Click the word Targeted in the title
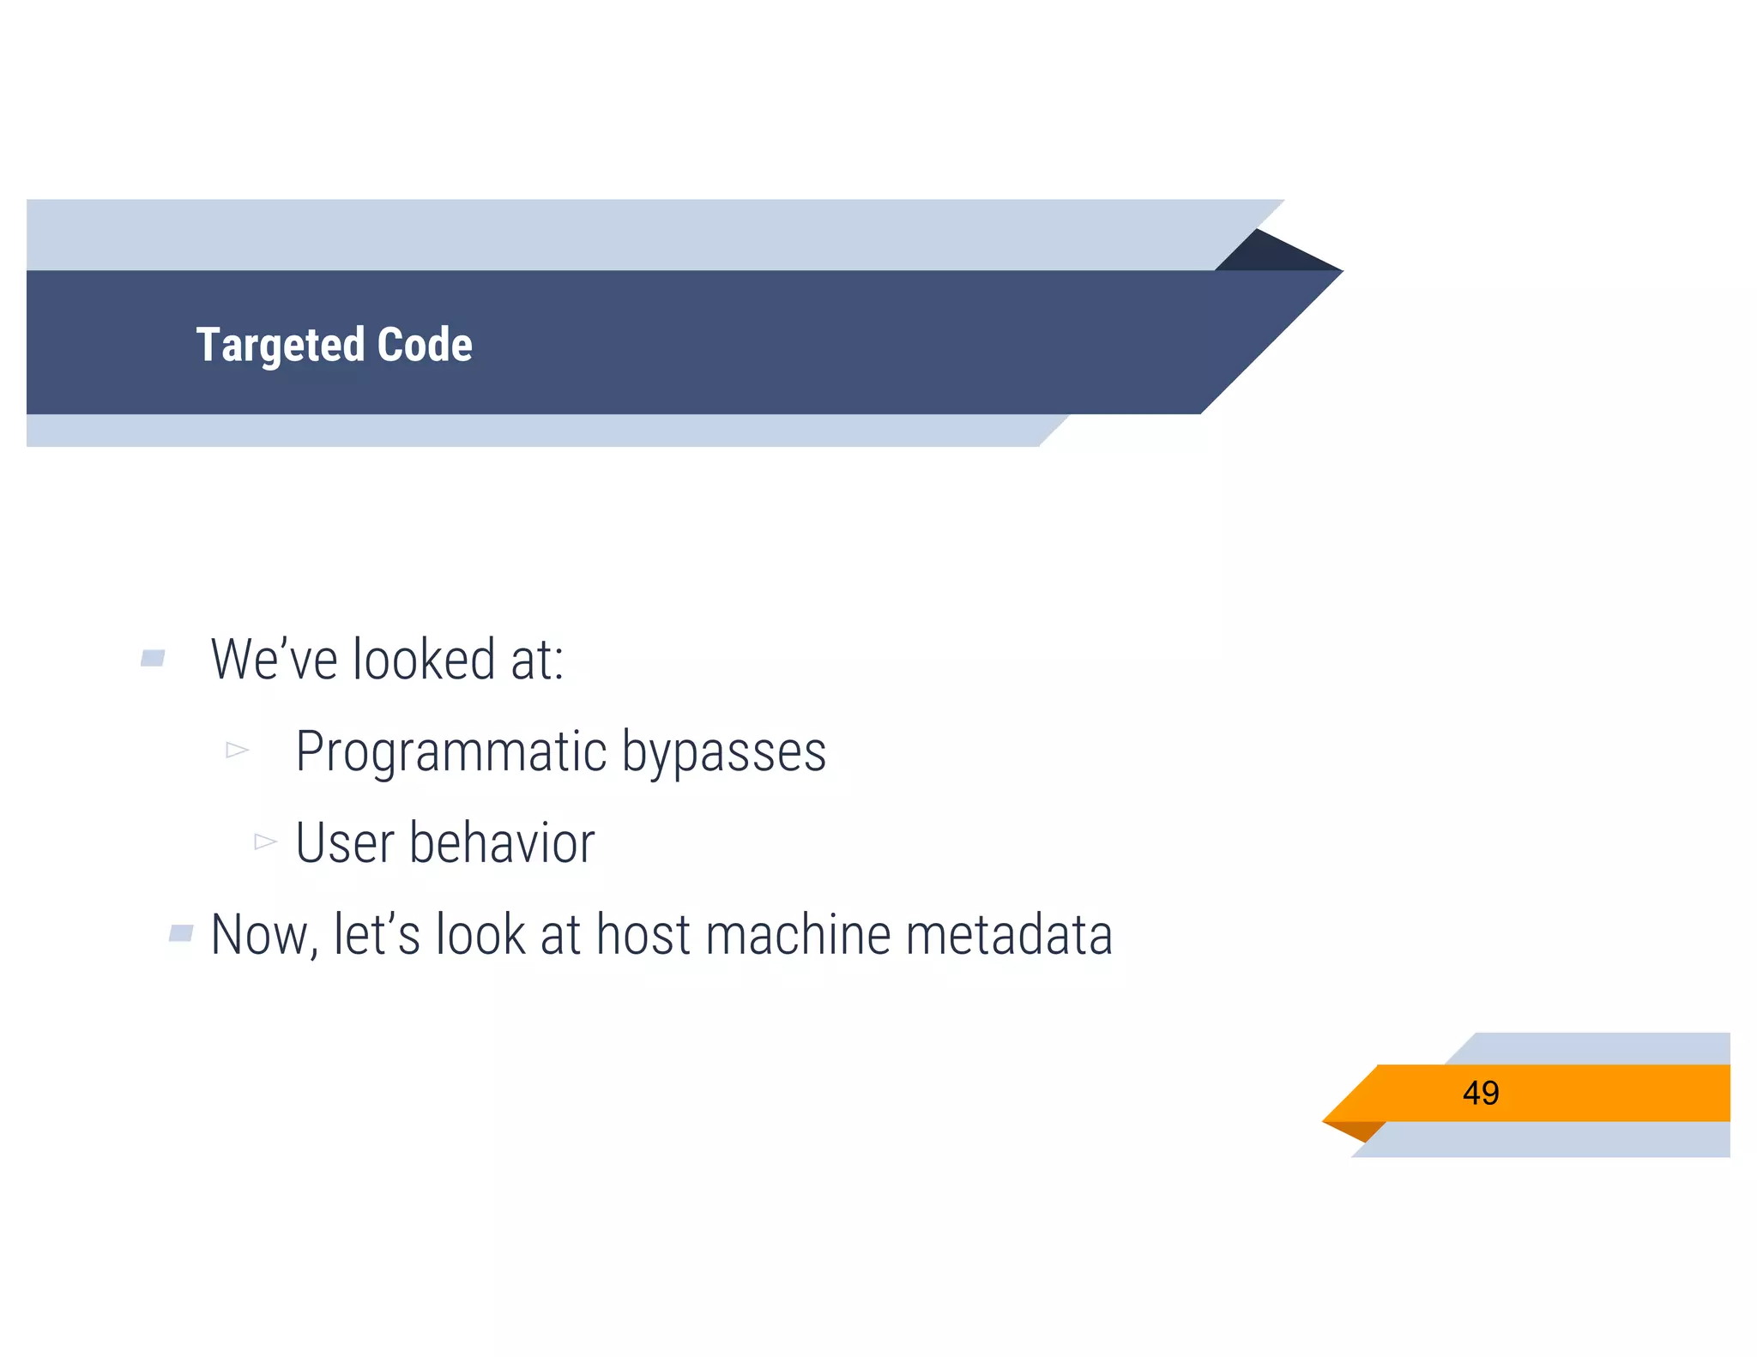[280, 345]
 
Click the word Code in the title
[425, 345]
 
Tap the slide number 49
[1481, 1093]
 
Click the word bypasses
[723, 752]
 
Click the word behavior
[502, 843]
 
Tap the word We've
[274, 660]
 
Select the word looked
[424, 660]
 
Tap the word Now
[260, 935]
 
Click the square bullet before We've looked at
[153, 659]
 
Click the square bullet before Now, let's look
[181, 933]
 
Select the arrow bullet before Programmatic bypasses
[237, 751]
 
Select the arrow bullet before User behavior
[265, 841]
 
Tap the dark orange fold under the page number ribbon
[1357, 1130]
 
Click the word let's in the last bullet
[377, 935]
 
